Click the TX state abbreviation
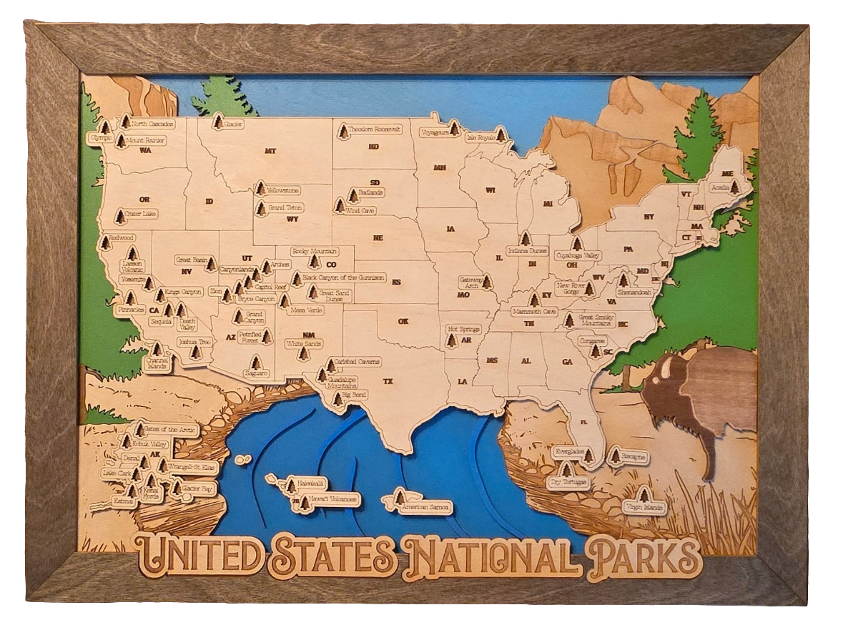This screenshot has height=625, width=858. [x=388, y=381]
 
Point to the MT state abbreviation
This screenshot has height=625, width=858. [x=270, y=151]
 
